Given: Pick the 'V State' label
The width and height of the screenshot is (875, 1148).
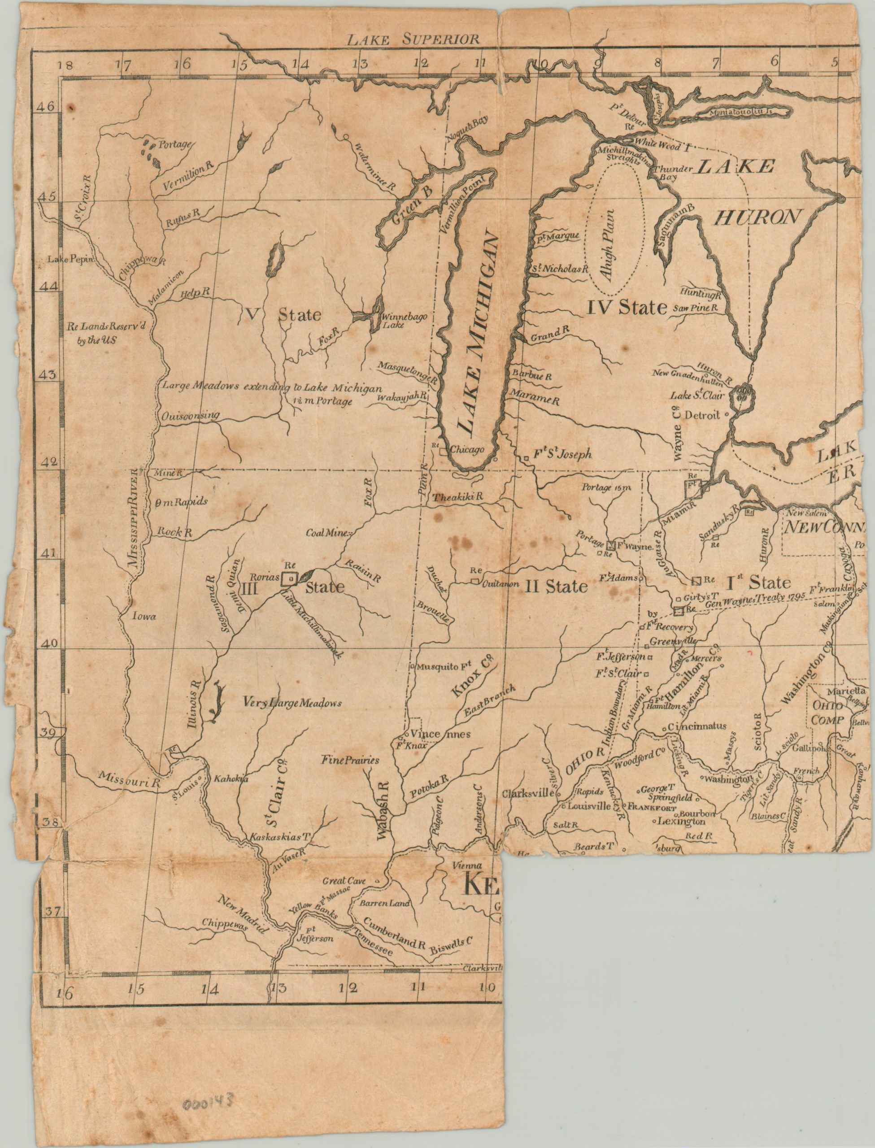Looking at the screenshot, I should [282, 314].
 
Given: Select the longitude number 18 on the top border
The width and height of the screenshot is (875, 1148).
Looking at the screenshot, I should [66, 65].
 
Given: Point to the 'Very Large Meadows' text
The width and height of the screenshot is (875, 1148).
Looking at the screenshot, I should [292, 703].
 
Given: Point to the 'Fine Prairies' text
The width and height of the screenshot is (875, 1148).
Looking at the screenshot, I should [350, 760].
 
